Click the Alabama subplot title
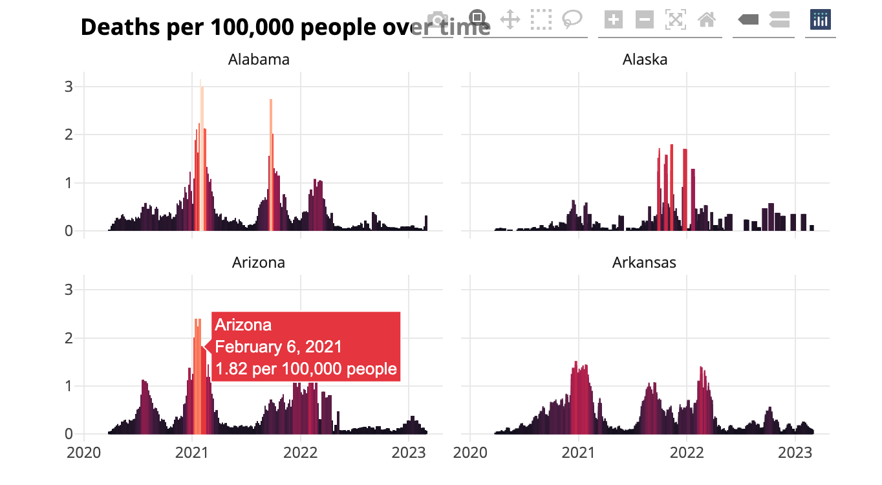pos(259,60)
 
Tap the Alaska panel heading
pos(645,60)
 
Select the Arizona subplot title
pos(259,263)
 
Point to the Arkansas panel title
pos(644,263)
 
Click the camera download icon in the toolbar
pos(438,19)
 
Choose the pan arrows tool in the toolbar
pos(510,19)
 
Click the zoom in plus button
pos(613,19)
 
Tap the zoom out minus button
pos(644,19)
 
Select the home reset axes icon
pos(707,19)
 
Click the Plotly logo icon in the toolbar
pos(821,19)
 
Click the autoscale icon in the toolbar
pos(675,19)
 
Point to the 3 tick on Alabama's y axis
pos(69,87)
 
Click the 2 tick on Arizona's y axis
pos(69,338)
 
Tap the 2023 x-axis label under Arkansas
pos(795,452)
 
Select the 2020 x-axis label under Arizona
pos(84,452)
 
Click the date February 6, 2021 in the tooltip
pos(278,347)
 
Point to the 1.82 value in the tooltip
pos(226,369)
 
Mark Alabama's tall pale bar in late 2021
pos(271,162)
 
